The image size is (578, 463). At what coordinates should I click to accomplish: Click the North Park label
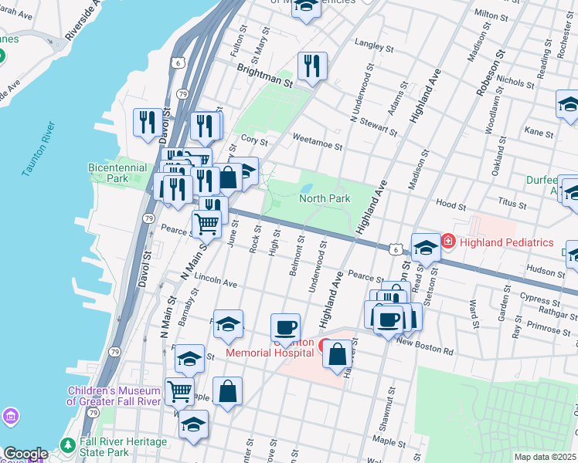point(325,198)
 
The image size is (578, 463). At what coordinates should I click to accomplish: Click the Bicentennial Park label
point(117,173)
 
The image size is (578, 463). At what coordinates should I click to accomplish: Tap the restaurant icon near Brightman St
point(312,66)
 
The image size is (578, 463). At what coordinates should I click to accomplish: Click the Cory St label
point(254,141)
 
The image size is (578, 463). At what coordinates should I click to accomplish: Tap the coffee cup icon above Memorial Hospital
point(285,326)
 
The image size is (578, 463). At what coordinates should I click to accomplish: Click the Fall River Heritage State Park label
point(124,447)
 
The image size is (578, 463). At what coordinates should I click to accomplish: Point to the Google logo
point(25,454)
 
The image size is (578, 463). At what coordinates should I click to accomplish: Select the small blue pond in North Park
point(306,188)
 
